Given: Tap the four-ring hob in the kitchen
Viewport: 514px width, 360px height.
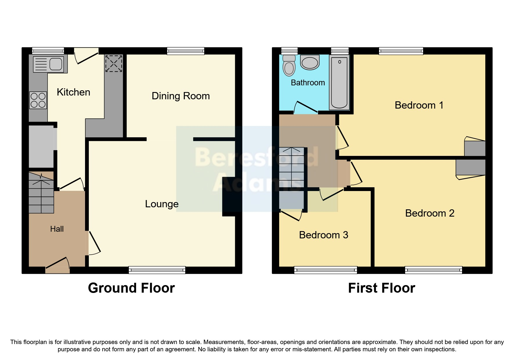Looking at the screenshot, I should point(38,100).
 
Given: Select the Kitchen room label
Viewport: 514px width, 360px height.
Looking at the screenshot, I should point(73,92).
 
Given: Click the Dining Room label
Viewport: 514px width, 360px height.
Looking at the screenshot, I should point(181,96).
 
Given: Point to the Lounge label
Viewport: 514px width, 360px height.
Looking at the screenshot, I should point(162,204).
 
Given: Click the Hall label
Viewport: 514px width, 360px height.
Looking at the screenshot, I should point(57,229).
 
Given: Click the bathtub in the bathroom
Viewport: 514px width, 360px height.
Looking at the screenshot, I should point(339,83).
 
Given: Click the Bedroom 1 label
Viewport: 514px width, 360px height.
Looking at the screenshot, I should point(419,105).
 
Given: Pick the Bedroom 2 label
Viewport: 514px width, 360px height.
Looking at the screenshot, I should point(430,213).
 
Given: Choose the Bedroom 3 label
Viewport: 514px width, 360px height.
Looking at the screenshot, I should point(323,235).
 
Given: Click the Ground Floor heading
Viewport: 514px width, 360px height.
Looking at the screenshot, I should point(131,288).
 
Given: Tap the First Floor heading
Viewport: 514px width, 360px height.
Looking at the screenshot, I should point(381,288).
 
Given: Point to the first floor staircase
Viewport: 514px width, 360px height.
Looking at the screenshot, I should point(291,168).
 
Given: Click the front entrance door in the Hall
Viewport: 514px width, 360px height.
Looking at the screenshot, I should point(58,266).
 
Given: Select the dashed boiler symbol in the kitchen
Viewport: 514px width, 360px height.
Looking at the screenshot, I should point(113,64).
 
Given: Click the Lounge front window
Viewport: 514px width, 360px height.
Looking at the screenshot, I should point(157,270).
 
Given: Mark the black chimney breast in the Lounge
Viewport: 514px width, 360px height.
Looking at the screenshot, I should point(231,197).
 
